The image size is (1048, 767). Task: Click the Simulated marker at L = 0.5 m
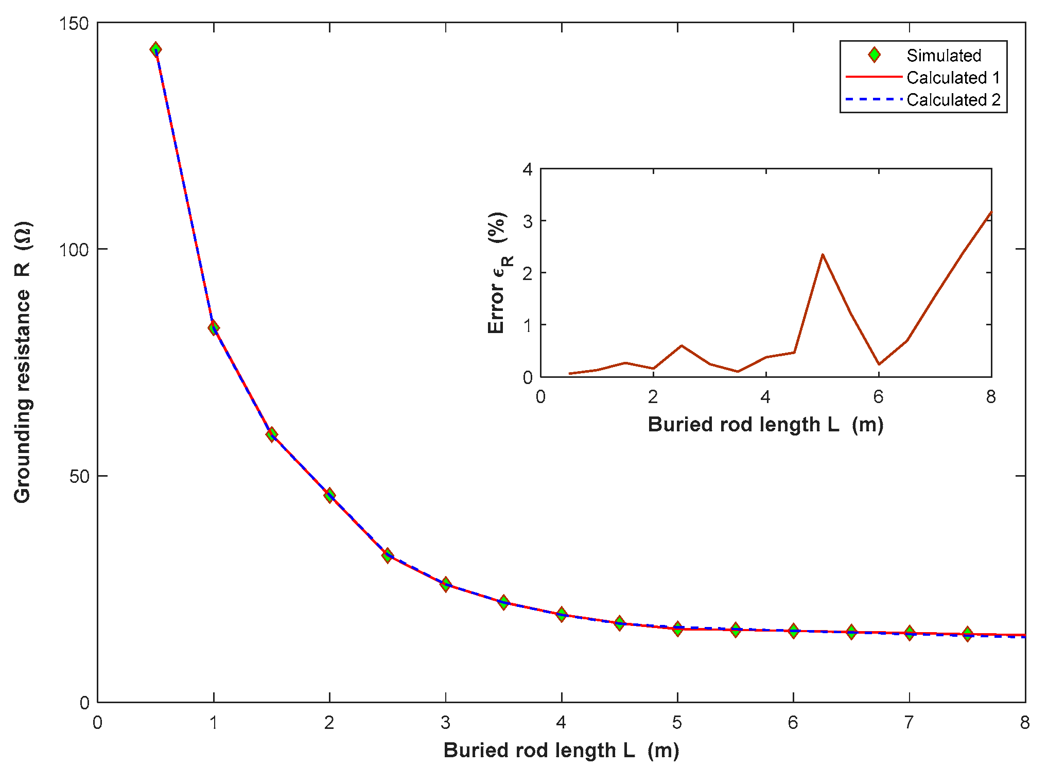[155, 49]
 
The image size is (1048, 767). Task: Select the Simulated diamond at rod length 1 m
[214, 327]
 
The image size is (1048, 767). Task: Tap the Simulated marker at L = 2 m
[329, 495]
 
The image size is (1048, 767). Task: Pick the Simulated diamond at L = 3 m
[446, 584]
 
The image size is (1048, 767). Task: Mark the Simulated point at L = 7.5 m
[968, 634]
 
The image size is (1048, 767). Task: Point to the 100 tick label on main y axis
[74, 250]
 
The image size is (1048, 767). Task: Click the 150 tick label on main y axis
[74, 24]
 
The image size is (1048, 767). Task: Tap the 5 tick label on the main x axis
[677, 723]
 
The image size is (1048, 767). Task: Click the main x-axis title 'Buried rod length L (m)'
[561, 751]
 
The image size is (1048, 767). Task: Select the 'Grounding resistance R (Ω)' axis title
[23, 362]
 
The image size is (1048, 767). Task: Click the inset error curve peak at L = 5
[823, 254]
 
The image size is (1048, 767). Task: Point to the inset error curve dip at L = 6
[879, 364]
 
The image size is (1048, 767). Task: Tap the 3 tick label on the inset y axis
[528, 221]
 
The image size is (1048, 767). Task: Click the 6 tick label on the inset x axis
[878, 397]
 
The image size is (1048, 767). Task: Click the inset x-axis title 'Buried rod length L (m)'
[765, 425]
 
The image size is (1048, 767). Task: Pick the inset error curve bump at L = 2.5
[682, 345]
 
